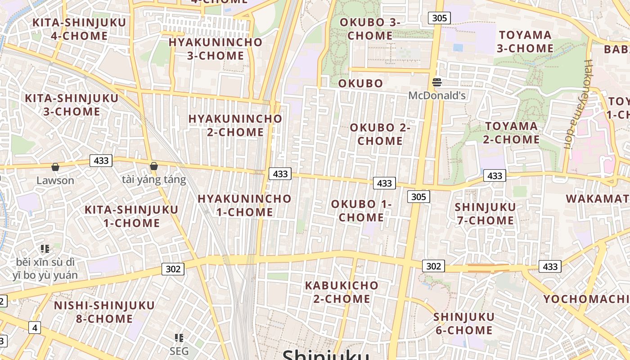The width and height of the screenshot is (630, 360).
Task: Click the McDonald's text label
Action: [x=436, y=95]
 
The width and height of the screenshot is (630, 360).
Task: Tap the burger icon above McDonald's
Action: [x=436, y=82]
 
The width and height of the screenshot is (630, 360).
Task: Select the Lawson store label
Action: [x=55, y=180]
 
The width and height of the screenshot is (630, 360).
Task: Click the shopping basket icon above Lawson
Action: [x=55, y=167]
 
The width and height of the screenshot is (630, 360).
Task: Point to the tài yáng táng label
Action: [x=154, y=180]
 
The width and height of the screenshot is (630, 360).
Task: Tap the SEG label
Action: [x=179, y=351]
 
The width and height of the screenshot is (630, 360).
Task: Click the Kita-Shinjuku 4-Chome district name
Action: [x=72, y=29]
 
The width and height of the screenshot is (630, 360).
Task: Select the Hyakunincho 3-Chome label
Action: [x=215, y=49]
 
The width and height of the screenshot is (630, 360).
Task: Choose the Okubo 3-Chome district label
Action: [x=370, y=29]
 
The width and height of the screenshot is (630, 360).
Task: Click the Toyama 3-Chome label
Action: [x=526, y=41]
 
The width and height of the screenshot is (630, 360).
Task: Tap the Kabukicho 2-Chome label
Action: [x=342, y=292]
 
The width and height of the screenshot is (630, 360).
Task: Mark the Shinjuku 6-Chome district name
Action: [x=463, y=323]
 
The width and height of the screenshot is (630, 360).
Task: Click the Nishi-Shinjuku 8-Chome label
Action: [x=104, y=312]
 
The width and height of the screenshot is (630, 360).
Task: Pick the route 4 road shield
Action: [x=35, y=327]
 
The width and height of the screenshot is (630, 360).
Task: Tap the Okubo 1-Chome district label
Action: [x=361, y=211]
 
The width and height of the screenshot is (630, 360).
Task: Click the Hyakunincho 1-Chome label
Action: [x=244, y=205]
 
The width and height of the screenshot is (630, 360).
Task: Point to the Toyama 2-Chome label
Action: [x=511, y=133]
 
